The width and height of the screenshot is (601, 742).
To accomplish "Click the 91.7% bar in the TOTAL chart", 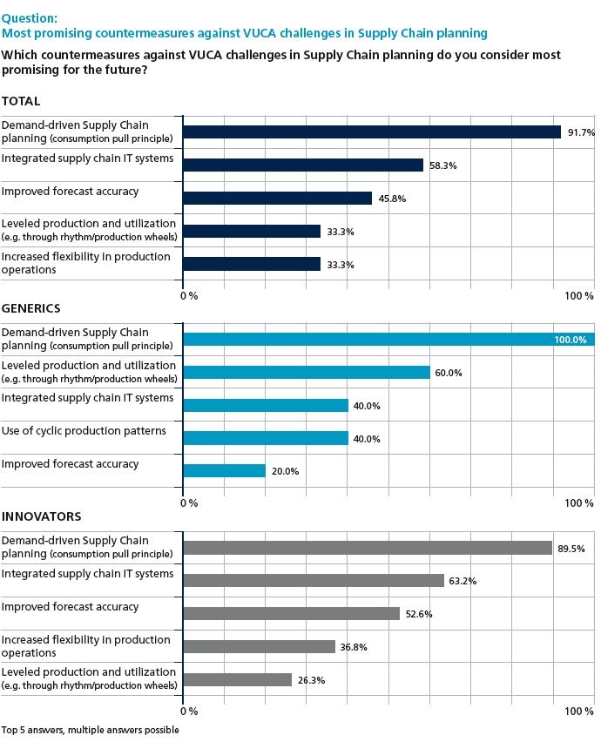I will (x=372, y=132).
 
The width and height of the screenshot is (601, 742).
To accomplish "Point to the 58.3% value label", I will (x=442, y=165).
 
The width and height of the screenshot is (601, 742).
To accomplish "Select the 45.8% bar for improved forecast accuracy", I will (x=278, y=198).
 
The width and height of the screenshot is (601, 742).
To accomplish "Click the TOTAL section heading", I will (x=21, y=101).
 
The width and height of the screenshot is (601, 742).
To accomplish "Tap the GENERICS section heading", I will (x=30, y=308).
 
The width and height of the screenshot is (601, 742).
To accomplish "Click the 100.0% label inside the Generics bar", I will (x=571, y=340).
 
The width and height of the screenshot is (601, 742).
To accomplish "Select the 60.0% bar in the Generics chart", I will (x=307, y=373).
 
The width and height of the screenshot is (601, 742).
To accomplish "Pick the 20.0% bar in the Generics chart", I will (x=224, y=470).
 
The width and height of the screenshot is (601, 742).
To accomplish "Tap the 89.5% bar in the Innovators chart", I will (x=368, y=548).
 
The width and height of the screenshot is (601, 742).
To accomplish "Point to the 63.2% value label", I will (x=463, y=581).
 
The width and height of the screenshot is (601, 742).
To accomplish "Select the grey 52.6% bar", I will (x=292, y=613).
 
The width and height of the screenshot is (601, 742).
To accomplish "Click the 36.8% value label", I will (x=354, y=647).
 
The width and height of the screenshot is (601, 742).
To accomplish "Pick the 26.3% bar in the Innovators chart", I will (x=238, y=679).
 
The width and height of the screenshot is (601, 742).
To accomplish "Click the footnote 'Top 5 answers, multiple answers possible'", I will (x=90, y=730).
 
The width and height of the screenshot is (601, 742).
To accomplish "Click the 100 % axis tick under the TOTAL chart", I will (x=578, y=296).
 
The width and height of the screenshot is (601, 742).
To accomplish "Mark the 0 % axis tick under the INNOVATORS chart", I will (x=188, y=712).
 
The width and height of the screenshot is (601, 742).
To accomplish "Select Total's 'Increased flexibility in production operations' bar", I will (x=252, y=264).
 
